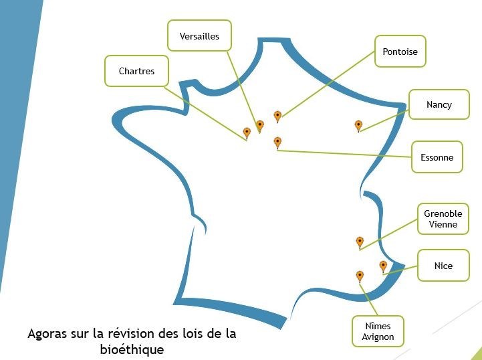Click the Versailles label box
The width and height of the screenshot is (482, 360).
coord(199,36)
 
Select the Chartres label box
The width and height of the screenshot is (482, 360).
coord(136,71)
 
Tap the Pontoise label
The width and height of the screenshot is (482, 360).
coord(400,52)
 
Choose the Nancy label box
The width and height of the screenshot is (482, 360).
coord(439,104)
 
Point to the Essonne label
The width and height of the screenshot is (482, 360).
coord(437,157)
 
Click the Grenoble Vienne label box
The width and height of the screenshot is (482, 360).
coord(443,219)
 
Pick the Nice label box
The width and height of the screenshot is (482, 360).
coord(443,266)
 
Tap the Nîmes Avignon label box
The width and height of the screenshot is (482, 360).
coord(378,331)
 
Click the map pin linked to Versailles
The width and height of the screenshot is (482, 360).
coord(260,125)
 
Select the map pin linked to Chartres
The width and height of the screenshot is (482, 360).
coord(247,132)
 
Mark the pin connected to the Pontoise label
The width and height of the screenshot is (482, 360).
coord(277,116)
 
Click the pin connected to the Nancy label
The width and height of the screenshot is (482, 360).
coord(358,125)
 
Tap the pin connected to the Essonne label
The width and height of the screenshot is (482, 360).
coord(277,142)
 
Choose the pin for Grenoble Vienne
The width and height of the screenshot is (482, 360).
coord(360,242)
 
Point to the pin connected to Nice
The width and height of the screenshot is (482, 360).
coord(383,266)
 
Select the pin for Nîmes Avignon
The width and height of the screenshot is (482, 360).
coord(360,276)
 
